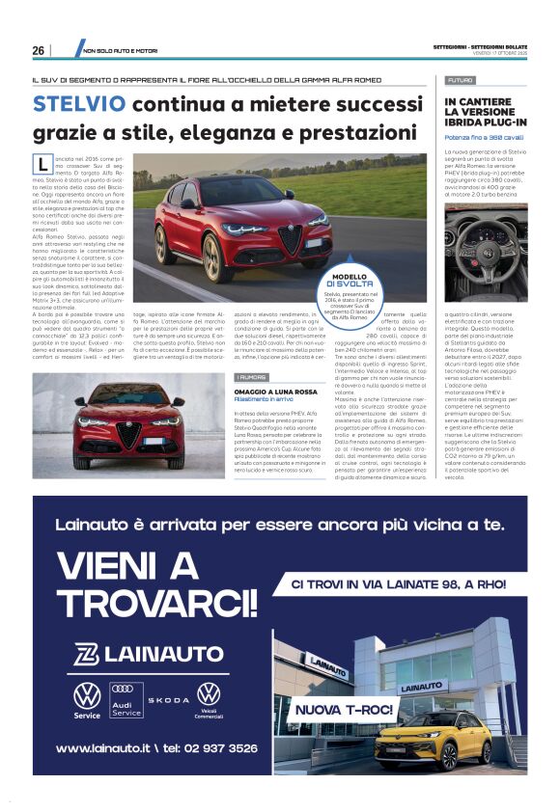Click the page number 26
(38, 50)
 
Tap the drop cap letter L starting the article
(42, 163)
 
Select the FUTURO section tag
(461, 80)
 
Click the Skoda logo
(168, 698)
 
